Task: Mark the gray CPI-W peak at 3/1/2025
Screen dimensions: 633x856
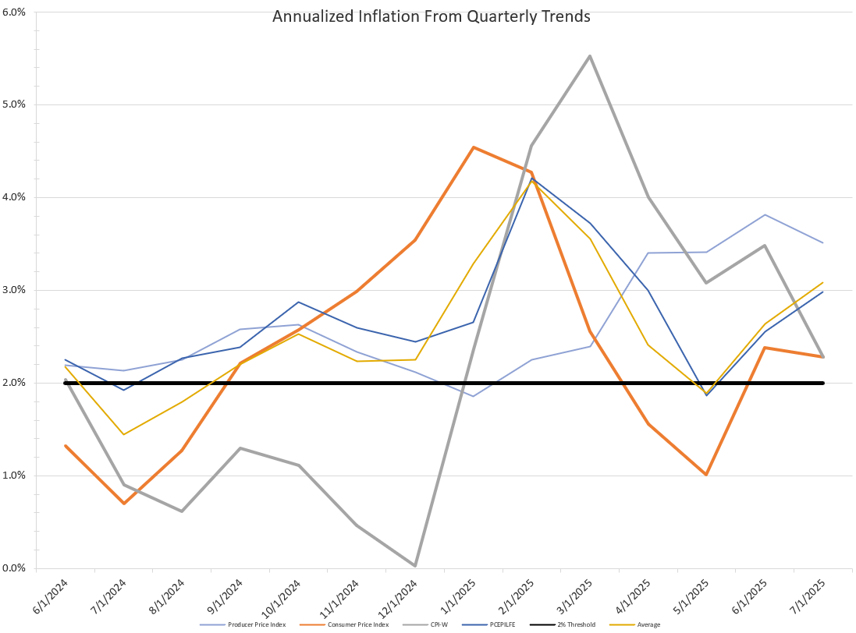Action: tap(589, 56)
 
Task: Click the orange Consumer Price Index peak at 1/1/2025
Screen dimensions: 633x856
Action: tap(473, 147)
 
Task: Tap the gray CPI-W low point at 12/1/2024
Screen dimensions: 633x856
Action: tap(414, 565)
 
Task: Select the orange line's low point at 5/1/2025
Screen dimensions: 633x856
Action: tap(705, 474)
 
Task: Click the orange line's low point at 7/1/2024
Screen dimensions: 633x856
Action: tap(123, 503)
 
